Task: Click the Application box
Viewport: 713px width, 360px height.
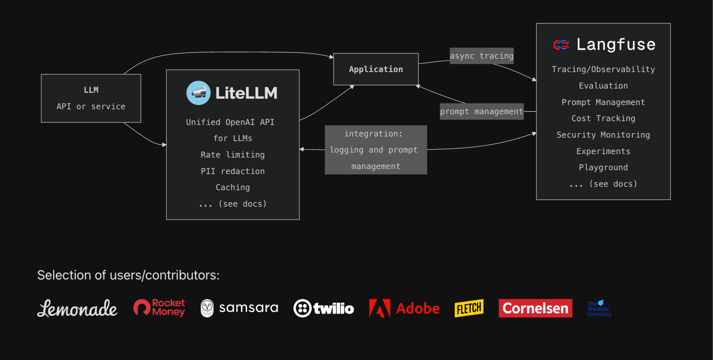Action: (376, 69)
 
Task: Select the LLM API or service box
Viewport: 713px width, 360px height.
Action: (91, 99)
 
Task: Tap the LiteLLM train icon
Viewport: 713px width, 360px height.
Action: (198, 93)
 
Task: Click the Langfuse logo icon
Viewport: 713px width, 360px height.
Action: (561, 45)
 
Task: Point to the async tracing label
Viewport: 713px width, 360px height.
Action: (482, 56)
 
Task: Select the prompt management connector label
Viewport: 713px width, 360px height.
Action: (482, 112)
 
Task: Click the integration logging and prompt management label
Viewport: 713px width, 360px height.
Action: (375, 150)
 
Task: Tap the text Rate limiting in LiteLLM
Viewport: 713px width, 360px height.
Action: (233, 155)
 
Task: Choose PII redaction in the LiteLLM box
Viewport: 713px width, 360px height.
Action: (233, 171)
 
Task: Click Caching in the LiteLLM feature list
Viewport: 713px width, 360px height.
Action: (233, 187)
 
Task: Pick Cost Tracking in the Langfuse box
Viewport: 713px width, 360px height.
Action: (603, 118)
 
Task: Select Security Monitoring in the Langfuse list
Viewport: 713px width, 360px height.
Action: (603, 135)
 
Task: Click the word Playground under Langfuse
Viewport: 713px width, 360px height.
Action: (603, 168)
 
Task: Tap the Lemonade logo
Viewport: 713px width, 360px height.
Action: (77, 309)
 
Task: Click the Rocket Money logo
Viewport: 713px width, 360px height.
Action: (159, 308)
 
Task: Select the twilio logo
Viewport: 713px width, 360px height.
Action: (324, 308)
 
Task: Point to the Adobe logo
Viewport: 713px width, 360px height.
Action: (404, 308)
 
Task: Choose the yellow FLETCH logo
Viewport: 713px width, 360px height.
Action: (469, 308)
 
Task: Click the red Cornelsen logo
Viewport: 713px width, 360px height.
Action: (535, 308)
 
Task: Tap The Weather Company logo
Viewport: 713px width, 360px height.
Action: (599, 309)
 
